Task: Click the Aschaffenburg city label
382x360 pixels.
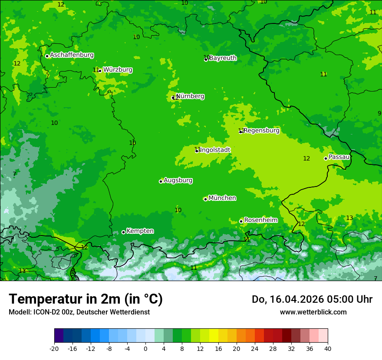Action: (72, 55)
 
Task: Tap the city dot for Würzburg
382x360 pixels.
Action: (100, 71)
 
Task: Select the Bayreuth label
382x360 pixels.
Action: (223, 58)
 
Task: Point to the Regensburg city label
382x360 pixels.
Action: (261, 131)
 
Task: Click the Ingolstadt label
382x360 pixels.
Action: (215, 150)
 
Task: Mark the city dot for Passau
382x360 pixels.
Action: (326, 158)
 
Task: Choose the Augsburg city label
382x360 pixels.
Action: (178, 180)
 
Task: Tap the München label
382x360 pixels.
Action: (222, 198)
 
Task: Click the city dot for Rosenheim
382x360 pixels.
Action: (241, 221)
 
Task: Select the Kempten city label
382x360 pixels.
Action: (140, 231)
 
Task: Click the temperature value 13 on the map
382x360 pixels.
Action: (349, 218)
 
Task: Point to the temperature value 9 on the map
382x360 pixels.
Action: (379, 113)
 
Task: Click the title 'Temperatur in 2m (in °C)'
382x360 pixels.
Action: (86, 299)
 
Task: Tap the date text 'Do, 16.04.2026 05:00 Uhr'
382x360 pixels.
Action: (312, 299)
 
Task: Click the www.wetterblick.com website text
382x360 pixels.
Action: (313, 312)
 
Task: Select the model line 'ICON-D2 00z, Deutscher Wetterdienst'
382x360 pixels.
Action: (79, 312)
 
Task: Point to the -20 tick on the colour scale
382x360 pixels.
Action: (54, 349)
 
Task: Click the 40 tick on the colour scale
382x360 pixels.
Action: (327, 349)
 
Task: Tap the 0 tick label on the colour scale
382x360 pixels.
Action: (145, 349)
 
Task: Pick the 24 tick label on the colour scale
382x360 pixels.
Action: (254, 349)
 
